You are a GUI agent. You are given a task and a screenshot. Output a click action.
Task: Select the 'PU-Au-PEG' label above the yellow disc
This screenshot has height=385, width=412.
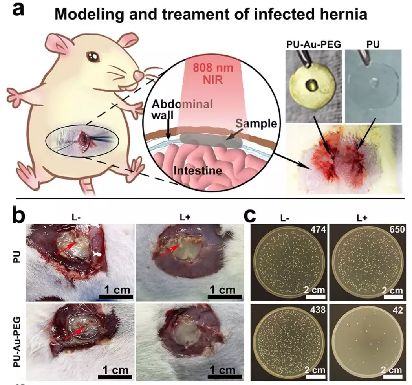tap(313, 44)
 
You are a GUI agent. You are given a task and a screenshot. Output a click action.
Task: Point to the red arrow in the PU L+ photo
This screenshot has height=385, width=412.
tap(170, 251)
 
